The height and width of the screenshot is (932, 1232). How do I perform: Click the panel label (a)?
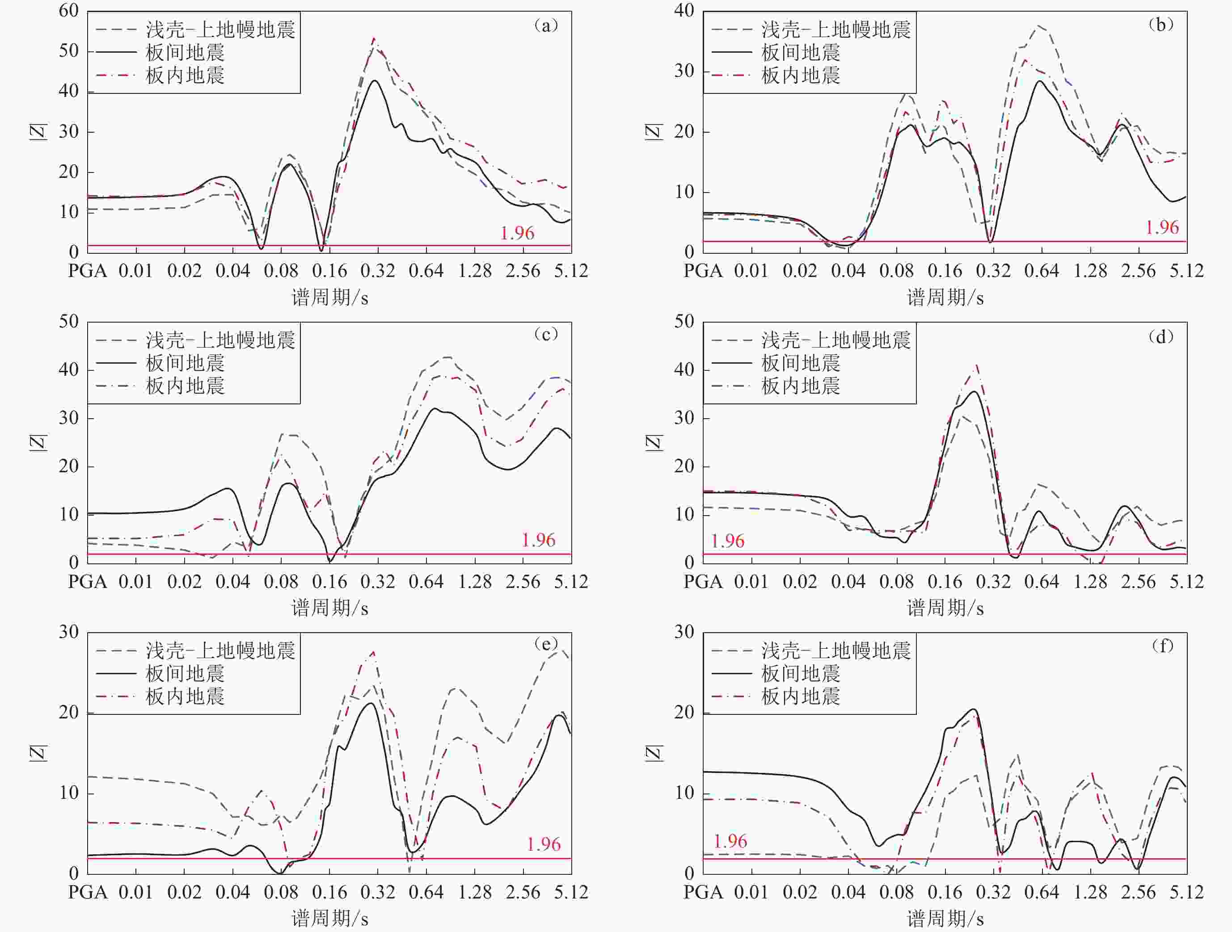(x=545, y=25)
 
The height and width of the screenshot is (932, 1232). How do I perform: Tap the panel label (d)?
(x=1161, y=336)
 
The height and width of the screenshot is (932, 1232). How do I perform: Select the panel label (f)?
(x=1161, y=646)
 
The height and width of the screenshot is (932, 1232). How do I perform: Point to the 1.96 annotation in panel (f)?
(x=730, y=841)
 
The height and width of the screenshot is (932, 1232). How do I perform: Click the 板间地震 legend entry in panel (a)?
(x=185, y=53)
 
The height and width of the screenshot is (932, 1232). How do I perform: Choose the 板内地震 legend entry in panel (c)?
(x=185, y=386)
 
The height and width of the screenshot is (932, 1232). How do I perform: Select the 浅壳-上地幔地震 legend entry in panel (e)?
(x=220, y=650)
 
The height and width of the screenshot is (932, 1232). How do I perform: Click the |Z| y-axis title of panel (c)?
(x=38, y=443)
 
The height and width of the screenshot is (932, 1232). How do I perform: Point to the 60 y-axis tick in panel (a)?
(x=69, y=11)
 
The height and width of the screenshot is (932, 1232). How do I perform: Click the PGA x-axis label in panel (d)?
(x=703, y=582)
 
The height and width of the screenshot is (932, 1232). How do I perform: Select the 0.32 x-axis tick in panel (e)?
(x=378, y=893)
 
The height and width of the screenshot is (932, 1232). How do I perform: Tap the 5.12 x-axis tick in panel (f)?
(x=1186, y=893)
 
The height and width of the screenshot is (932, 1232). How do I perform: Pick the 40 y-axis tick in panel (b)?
(x=684, y=11)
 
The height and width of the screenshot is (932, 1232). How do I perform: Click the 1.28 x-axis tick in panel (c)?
(x=475, y=582)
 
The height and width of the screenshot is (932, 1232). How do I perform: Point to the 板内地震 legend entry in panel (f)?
(x=800, y=697)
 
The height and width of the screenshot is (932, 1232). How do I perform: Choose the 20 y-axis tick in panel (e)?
(x=69, y=713)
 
